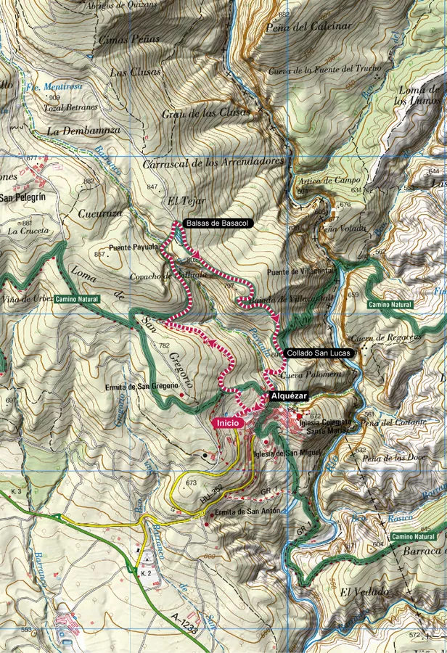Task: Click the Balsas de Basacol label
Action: (218, 223)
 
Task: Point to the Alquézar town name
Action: (289, 397)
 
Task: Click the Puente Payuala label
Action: (134, 247)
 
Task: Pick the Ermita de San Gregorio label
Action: (142, 387)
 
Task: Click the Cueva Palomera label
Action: (316, 374)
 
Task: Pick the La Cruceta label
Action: (28, 231)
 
